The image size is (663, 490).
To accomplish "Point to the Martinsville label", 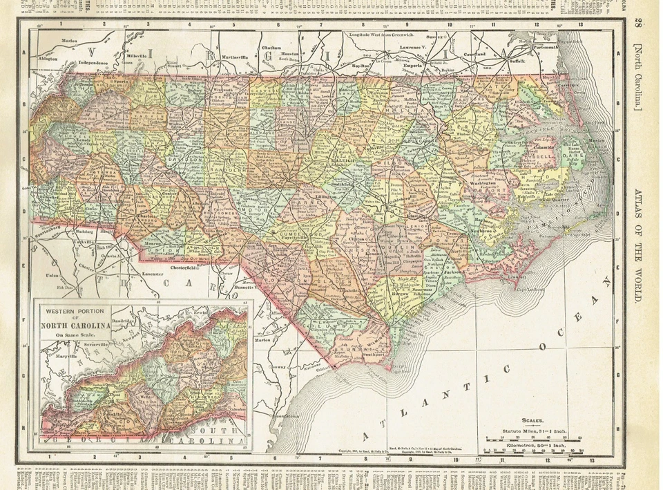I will click(x=220, y=55).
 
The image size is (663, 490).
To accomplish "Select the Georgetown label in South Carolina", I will click(x=285, y=418).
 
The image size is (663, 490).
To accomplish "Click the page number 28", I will click(x=638, y=25).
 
